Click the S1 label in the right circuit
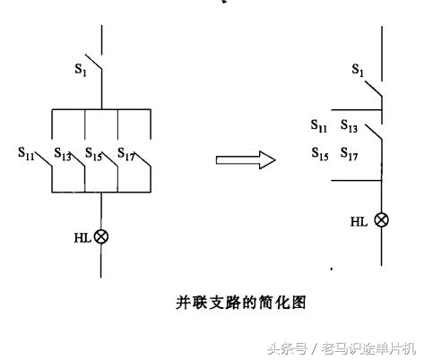359,69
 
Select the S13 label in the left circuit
62,155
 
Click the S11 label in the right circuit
319,126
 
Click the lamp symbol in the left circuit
101,236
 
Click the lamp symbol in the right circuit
382,219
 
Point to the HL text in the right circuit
359,220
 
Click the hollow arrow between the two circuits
245,159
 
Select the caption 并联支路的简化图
241,303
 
